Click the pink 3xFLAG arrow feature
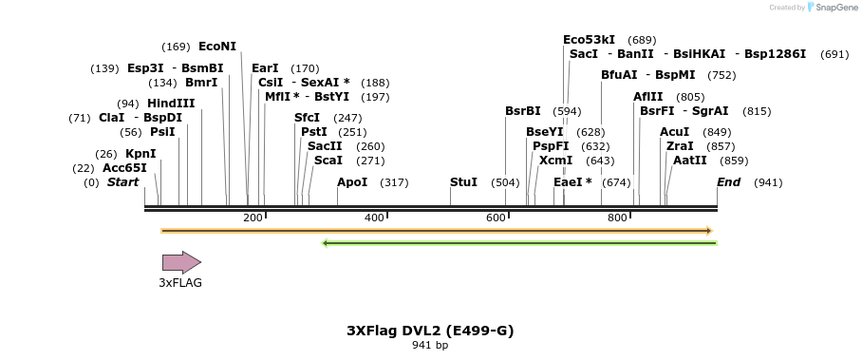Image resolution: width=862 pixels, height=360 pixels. (180, 262)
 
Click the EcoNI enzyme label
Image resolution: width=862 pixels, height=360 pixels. (217, 46)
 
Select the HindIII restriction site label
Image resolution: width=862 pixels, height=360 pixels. (171, 103)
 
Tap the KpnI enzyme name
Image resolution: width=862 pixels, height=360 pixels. (141, 153)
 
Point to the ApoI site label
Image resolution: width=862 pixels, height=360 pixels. (352, 181)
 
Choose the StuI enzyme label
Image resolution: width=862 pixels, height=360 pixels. (463, 181)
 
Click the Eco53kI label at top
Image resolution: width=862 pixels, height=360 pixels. (589, 40)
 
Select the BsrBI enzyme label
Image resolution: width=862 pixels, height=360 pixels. (522, 111)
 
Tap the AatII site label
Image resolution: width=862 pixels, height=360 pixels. (689, 161)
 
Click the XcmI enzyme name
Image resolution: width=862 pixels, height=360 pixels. (555, 161)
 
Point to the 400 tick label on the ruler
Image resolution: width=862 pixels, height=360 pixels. (374, 218)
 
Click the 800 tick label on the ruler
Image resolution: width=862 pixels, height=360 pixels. (617, 218)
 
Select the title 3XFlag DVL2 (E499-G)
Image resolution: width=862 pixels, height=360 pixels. (430, 331)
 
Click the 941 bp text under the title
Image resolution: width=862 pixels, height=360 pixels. (430, 346)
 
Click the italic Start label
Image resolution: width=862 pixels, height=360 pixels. (122, 181)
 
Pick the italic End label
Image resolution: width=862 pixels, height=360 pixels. (728, 181)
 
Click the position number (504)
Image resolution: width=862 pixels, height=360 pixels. (505, 182)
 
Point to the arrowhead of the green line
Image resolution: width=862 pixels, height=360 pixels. (326, 243)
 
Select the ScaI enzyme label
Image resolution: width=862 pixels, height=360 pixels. (328, 161)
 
